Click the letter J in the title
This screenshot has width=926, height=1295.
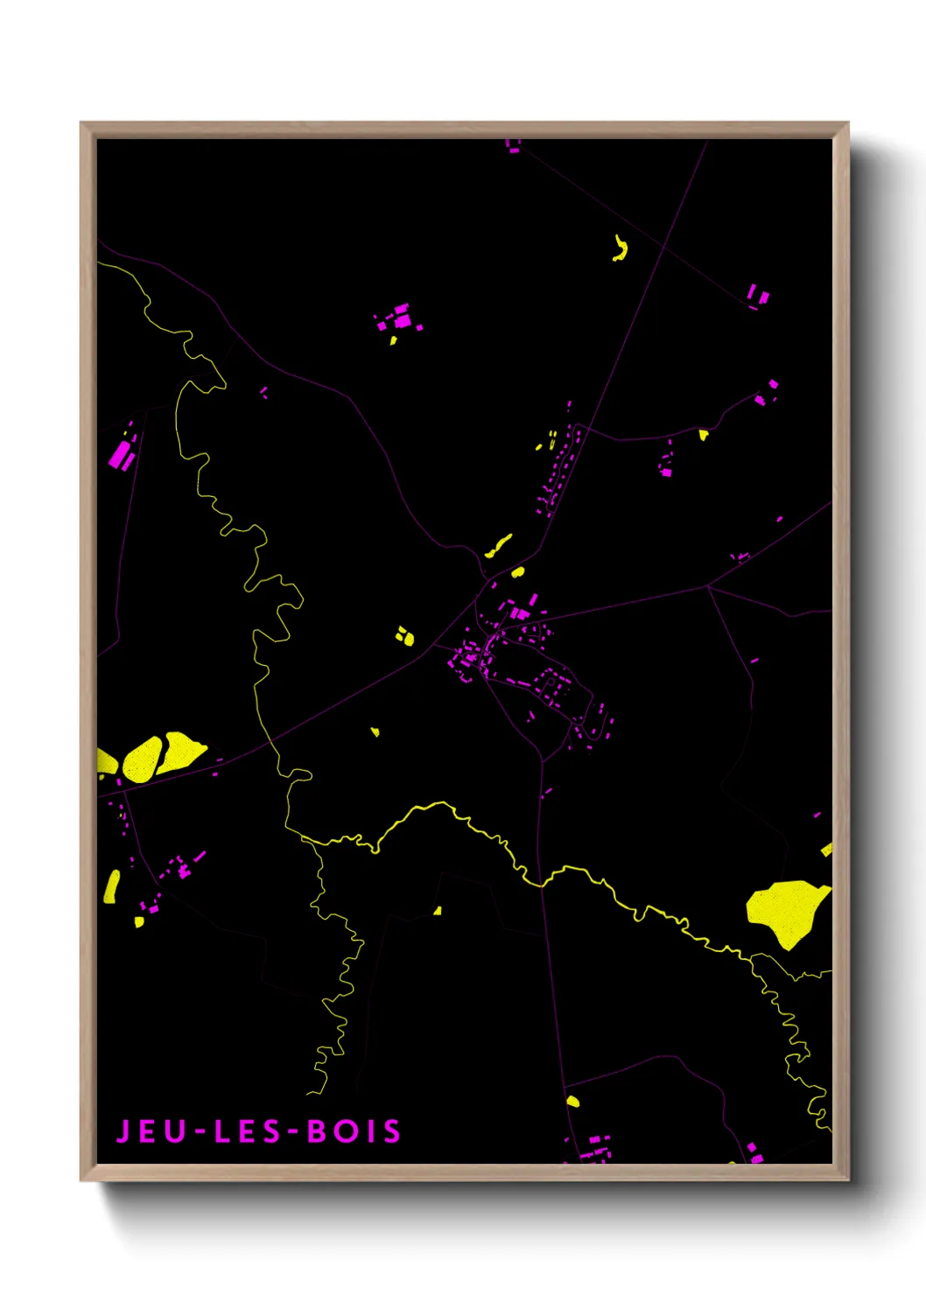pyautogui.click(x=123, y=1131)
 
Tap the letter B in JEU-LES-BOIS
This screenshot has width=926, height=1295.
pyautogui.click(x=317, y=1131)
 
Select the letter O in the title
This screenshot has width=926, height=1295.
pyautogui.click(x=347, y=1131)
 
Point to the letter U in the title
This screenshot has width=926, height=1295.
pyautogui.click(x=178, y=1131)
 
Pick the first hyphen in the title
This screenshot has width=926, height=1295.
pyautogui.click(x=200, y=1132)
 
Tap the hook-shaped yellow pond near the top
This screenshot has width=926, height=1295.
pyautogui.click(x=621, y=249)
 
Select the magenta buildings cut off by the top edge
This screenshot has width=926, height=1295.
pyautogui.click(x=513, y=145)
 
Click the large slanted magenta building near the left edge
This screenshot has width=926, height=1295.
pyautogui.click(x=121, y=455)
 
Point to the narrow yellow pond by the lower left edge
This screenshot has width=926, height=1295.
pyautogui.click(x=112, y=886)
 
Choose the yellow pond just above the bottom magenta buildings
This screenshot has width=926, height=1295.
pyautogui.click(x=572, y=1101)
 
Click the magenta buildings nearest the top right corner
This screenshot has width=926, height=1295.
pyautogui.click(x=757, y=296)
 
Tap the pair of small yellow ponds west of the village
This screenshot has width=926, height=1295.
pyautogui.click(x=404, y=636)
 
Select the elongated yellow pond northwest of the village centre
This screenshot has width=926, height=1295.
pyautogui.click(x=498, y=547)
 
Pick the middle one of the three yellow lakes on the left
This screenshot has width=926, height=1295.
pyautogui.click(x=143, y=759)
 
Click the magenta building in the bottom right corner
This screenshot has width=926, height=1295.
pyautogui.click(x=754, y=1152)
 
